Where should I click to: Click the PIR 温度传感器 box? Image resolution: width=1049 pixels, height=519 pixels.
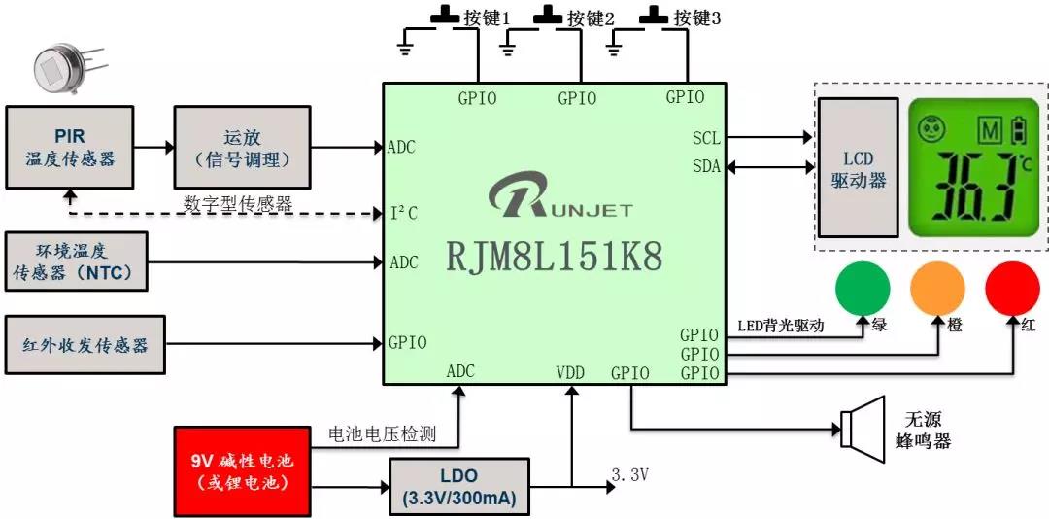[70, 147]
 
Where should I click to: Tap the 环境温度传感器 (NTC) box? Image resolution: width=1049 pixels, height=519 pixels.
[77, 261]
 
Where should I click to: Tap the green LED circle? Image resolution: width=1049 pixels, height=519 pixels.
[862, 289]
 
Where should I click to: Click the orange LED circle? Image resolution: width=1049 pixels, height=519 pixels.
[936, 289]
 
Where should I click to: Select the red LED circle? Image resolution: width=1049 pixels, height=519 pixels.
[1012, 289]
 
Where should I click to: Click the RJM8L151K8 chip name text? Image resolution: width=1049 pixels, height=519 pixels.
[555, 257]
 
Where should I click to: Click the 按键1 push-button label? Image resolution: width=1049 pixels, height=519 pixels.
[487, 18]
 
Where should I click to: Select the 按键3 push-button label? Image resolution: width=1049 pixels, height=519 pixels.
[696, 18]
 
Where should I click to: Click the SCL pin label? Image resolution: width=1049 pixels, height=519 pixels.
[706, 138]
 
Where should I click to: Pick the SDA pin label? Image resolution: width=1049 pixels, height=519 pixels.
[706, 166]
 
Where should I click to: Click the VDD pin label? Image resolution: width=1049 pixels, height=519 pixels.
[571, 372]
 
